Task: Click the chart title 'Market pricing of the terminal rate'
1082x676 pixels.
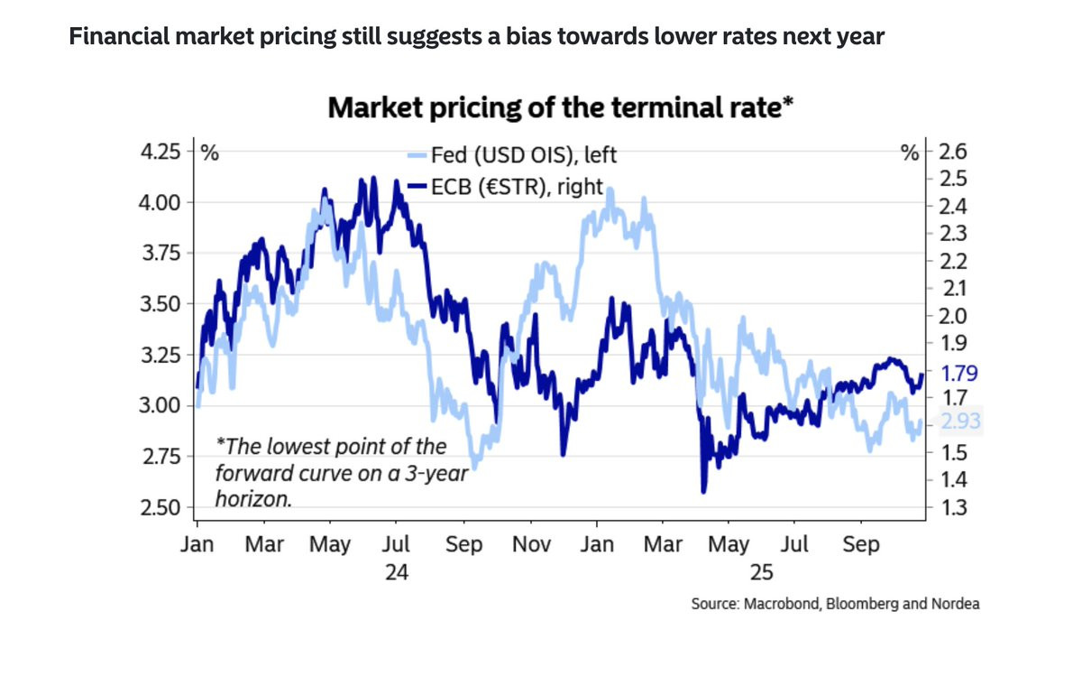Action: (559, 108)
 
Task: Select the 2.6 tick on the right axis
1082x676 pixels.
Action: (953, 151)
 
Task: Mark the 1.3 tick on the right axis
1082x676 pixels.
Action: (953, 507)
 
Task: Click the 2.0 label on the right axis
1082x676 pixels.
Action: (953, 316)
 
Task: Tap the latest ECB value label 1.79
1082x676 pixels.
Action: (959, 373)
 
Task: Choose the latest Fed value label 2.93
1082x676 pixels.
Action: (959, 421)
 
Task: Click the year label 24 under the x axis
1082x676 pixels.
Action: (397, 573)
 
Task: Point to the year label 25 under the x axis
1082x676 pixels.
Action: (762, 573)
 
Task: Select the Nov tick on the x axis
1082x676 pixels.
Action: (530, 544)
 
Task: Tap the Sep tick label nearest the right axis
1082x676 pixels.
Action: (861, 544)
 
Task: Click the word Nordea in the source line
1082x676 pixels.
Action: (953, 604)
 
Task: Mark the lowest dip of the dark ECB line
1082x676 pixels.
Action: (703, 492)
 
